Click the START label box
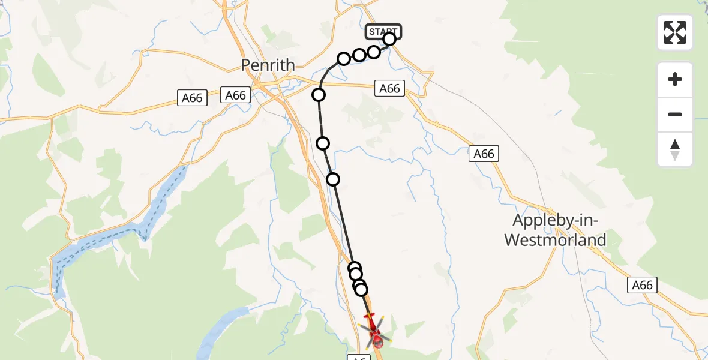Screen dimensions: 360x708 click(383, 31)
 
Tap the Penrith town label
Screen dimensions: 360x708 click(268, 65)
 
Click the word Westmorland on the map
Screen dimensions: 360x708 click(555, 241)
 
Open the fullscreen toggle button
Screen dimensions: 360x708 click(675, 32)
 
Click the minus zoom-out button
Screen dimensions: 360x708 click(675, 114)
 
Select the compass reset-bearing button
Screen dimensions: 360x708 click(675, 149)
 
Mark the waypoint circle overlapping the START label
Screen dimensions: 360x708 click(389, 40)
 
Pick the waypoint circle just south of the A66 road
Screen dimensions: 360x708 click(319, 95)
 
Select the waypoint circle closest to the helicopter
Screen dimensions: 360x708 click(361, 290)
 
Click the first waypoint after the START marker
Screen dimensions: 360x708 click(374, 52)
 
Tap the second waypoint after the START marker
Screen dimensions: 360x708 click(359, 55)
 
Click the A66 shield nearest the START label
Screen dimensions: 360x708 click(389, 89)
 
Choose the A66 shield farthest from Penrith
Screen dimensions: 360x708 click(641, 285)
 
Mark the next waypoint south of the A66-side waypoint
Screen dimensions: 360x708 click(323, 143)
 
